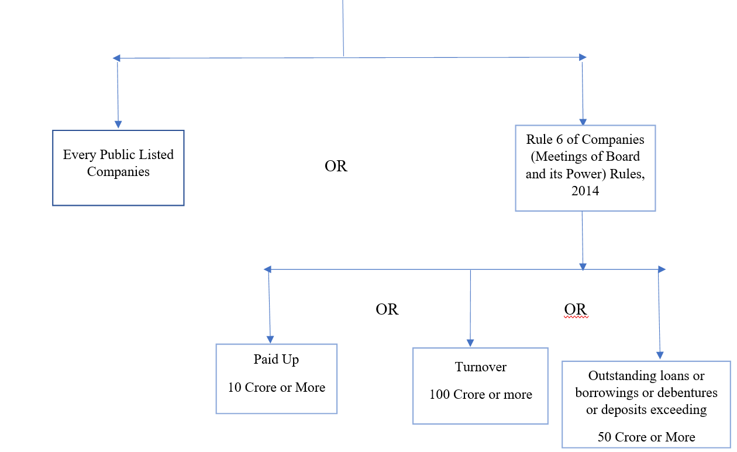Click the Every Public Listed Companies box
pyautogui.click(x=118, y=168)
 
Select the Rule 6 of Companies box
pyautogui.click(x=585, y=168)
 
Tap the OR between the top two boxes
pyautogui.click(x=336, y=167)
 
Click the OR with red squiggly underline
pyautogui.click(x=575, y=309)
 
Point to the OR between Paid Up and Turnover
pyautogui.click(x=387, y=309)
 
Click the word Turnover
pyautogui.click(x=480, y=367)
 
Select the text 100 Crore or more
pyautogui.click(x=480, y=395)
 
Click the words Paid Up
pyautogui.click(x=276, y=359)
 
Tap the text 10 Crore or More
pyautogui.click(x=276, y=387)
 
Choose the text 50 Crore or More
pyautogui.click(x=646, y=437)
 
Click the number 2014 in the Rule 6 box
pyautogui.click(x=585, y=191)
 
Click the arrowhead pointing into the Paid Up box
pyautogui.click(x=270, y=339)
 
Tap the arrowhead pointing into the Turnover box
pyautogui.click(x=470, y=343)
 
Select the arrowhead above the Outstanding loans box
pyautogui.click(x=660, y=355)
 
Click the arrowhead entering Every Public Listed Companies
pyautogui.click(x=118, y=124)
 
